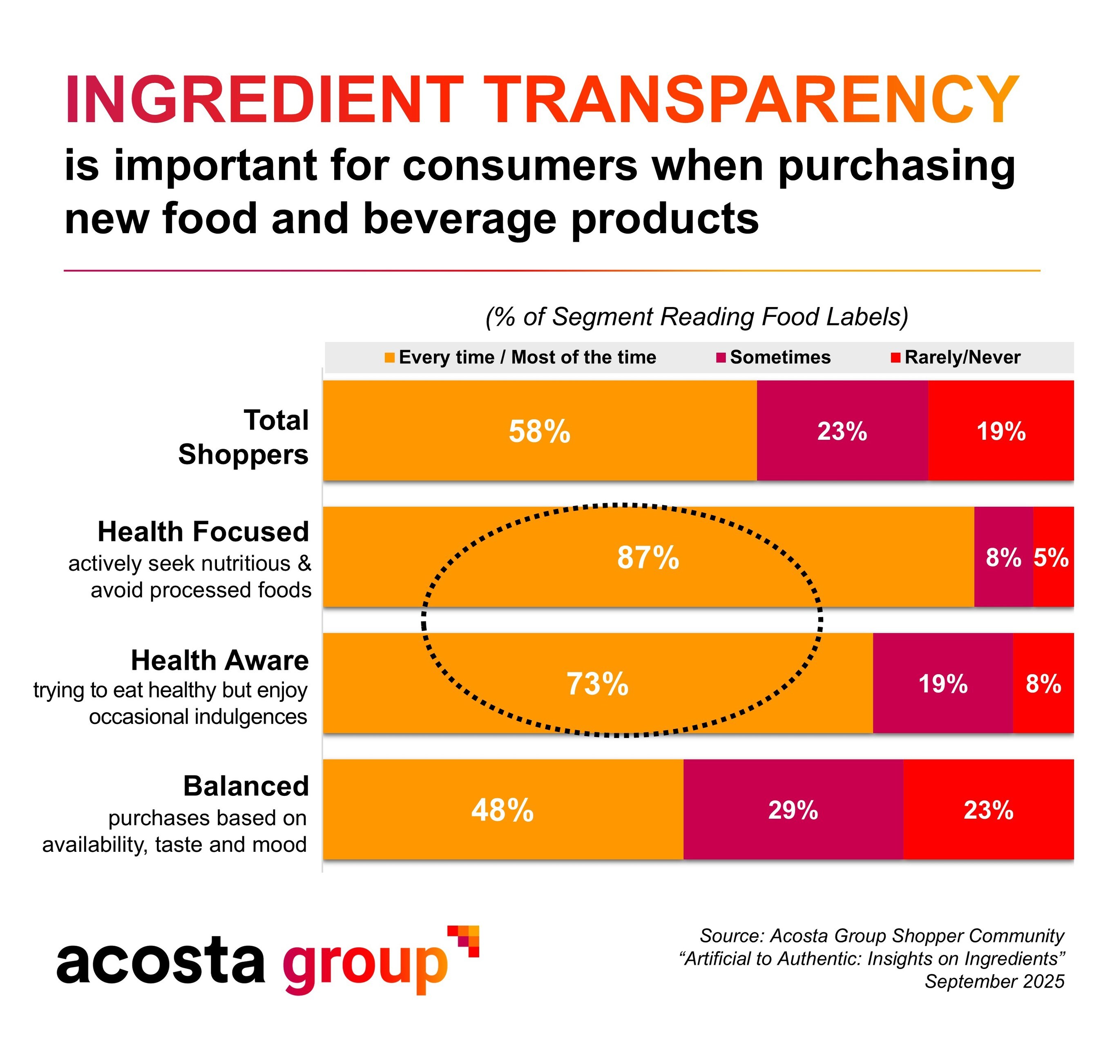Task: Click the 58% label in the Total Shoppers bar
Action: pos(539,432)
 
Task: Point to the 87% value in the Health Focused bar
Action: pos(648,557)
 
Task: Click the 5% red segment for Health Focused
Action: pos(1051,557)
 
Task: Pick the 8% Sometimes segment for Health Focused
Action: pos(1003,557)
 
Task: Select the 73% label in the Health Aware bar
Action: pos(597,684)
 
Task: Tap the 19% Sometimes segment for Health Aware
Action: pos(942,684)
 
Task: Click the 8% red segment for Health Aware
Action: pos(1043,684)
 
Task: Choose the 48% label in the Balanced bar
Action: pos(502,810)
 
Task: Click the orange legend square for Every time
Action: pos(389,358)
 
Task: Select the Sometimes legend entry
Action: pos(779,358)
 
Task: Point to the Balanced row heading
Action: pos(246,786)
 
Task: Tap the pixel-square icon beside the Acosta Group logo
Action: pos(464,940)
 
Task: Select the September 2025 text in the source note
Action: pos(994,981)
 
